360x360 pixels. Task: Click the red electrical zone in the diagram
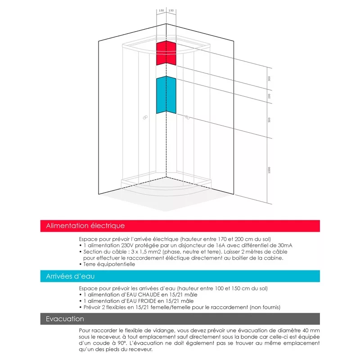click(166, 53)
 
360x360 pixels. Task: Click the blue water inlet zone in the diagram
click(166, 94)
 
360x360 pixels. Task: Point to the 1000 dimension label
click(269, 170)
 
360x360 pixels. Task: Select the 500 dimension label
click(269, 120)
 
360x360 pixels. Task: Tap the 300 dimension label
click(269, 79)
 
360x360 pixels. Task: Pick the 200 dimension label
click(269, 96)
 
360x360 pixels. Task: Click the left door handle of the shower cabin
click(145, 118)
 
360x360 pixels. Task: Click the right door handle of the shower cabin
click(186, 118)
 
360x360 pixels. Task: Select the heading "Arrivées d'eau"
click(70, 276)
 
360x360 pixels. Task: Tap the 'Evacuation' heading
click(65, 319)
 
